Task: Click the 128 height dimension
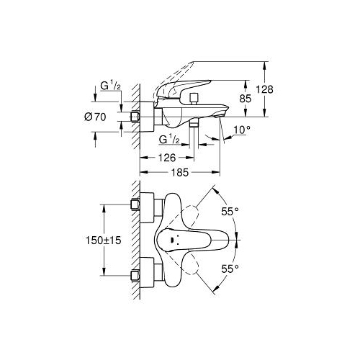pyautogui.click(x=264, y=89)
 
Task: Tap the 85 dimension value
pyautogui.click(x=246, y=99)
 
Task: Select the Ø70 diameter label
pyautogui.click(x=95, y=117)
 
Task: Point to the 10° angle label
pyautogui.click(x=242, y=130)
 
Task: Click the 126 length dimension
pyautogui.click(x=167, y=158)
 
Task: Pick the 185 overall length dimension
pyautogui.click(x=180, y=172)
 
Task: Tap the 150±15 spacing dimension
pyautogui.click(x=104, y=240)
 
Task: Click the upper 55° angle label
pyautogui.click(x=230, y=212)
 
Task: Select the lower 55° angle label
pyautogui.click(x=230, y=269)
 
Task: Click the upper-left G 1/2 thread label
pyautogui.click(x=110, y=86)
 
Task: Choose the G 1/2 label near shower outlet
pyautogui.click(x=169, y=140)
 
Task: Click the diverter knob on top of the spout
pyautogui.click(x=194, y=99)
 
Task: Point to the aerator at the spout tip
pyautogui.click(x=219, y=115)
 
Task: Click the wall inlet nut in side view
pyautogui.click(x=135, y=117)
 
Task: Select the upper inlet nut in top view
pyautogui.click(x=135, y=205)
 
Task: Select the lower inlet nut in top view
pyautogui.click(x=135, y=276)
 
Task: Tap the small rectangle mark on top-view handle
pyautogui.click(x=172, y=240)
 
